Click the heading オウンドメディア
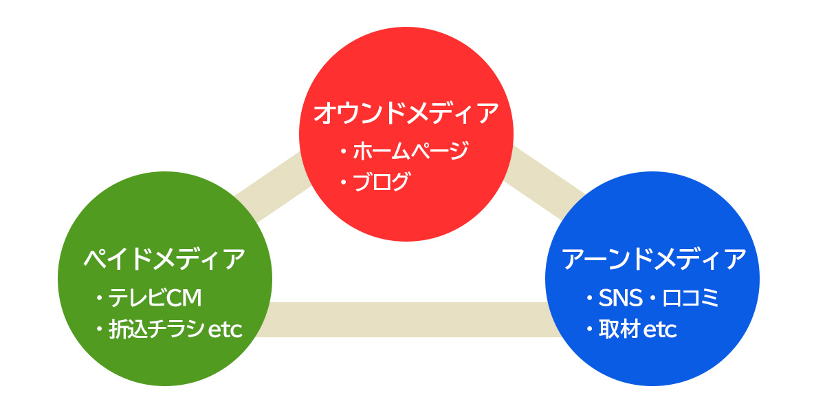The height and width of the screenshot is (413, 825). coord(406,113)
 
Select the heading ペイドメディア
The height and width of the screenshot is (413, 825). coord(164,260)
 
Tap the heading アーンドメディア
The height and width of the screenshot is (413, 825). coord(653,260)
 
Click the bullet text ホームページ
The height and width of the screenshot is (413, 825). coord(410,151)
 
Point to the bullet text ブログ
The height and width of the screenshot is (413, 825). coord(381,182)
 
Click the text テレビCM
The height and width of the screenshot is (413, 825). coord(155,297)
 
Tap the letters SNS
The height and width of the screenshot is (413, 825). coord(621,297)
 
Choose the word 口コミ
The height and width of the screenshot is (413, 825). coord(690,297)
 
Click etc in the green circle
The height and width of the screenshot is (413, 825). coord(225,330)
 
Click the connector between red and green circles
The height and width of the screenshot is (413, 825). coord(272,187)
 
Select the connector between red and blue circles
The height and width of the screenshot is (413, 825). coord(544,183)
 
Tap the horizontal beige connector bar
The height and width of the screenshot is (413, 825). coord(408,319)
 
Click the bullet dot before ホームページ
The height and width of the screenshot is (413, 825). coord(344,151)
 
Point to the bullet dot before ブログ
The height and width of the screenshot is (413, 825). coord(344,182)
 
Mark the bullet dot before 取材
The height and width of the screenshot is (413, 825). coord(590,329)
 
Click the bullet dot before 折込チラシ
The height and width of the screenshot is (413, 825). coord(99,329)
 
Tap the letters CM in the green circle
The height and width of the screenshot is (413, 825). coord(184,297)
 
